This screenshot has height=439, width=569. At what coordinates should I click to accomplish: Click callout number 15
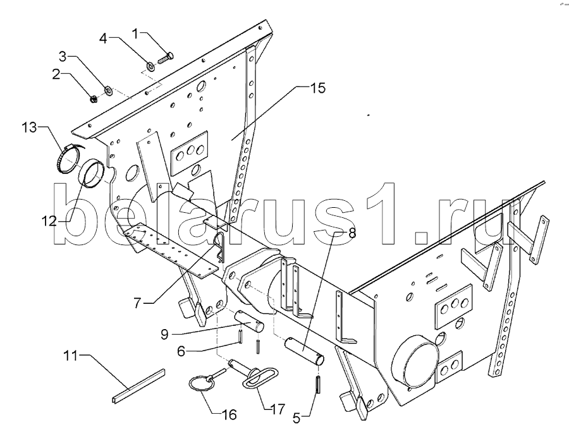(317, 88)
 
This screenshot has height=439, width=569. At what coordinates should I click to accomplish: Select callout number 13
(29, 128)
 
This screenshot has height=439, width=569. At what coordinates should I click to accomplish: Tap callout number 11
(71, 356)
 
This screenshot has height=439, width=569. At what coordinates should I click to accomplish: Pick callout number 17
(278, 409)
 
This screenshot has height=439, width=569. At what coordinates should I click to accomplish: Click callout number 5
(297, 419)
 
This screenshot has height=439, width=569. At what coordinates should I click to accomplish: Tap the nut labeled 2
(93, 98)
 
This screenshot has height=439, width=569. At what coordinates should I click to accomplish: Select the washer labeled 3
(107, 90)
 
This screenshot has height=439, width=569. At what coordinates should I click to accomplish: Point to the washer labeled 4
(151, 66)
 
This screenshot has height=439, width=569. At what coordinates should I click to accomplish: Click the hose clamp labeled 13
(68, 158)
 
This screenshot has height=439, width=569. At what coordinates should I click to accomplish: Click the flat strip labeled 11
(138, 387)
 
